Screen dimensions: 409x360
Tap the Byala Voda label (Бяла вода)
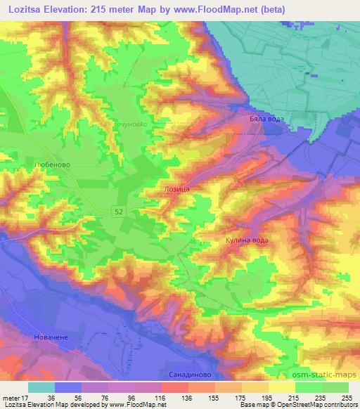point(266,119)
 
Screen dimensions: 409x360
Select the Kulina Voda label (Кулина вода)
point(247,240)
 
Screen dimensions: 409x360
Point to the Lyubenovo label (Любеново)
point(53,164)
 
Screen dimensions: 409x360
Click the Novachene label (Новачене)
point(51,338)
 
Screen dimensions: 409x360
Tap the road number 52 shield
point(121,211)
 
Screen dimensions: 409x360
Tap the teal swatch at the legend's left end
point(41,387)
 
